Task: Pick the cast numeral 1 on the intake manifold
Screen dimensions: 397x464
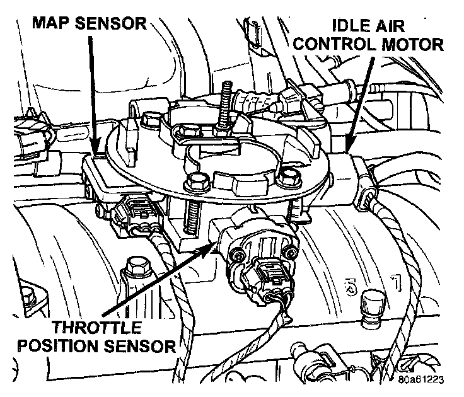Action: pos(395,279)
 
